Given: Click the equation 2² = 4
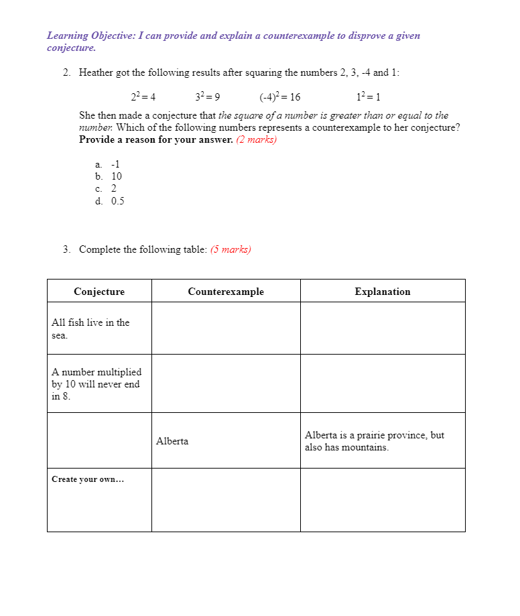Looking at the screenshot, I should [x=143, y=97].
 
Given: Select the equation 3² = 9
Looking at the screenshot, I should [x=208, y=97].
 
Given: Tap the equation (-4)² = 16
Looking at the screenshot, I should [x=279, y=97].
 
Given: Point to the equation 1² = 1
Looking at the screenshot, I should [x=369, y=97].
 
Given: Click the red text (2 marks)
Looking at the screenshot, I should [x=257, y=140].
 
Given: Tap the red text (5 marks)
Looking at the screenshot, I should [x=231, y=249].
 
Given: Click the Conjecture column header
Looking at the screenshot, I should [x=99, y=292].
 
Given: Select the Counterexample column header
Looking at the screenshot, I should [x=226, y=292].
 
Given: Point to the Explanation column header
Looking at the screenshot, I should [x=383, y=292].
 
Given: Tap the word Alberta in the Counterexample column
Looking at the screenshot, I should [x=172, y=441].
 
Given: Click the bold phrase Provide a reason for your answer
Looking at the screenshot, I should [x=156, y=140].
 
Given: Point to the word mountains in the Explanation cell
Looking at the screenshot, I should [x=367, y=447].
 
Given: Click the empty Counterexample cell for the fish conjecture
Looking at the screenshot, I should [x=226, y=328].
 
